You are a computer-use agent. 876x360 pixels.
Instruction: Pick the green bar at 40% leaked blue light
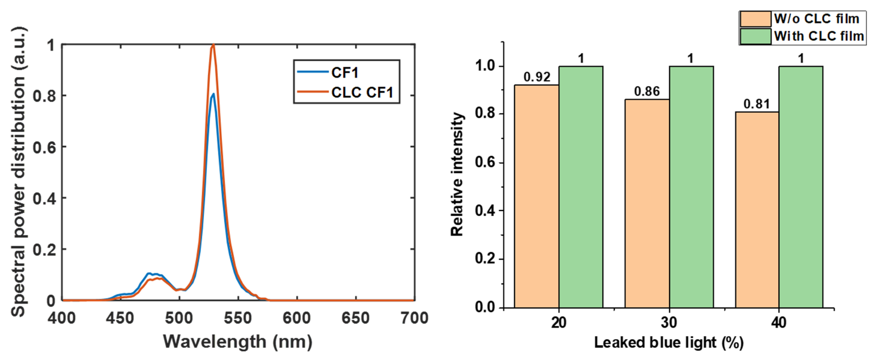(801, 187)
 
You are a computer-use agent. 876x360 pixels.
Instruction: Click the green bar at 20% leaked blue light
(581, 187)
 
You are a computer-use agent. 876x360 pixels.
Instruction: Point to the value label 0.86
(647, 92)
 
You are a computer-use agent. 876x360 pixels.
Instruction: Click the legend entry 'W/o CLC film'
(816, 19)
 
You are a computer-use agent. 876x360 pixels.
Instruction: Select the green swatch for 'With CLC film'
(755, 36)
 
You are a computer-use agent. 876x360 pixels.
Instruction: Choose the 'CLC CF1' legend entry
(362, 93)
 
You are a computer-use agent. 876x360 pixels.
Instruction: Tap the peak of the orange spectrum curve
(213, 45)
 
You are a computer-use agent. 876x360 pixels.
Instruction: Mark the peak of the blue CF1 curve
(213, 94)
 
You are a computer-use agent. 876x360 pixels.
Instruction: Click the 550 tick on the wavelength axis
(238, 318)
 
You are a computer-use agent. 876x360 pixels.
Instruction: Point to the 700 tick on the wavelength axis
(414, 318)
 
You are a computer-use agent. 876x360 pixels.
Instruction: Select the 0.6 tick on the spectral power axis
(44, 148)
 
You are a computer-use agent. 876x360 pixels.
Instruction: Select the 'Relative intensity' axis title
(457, 174)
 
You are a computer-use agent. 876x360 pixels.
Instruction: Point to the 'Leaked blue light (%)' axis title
(668, 342)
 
